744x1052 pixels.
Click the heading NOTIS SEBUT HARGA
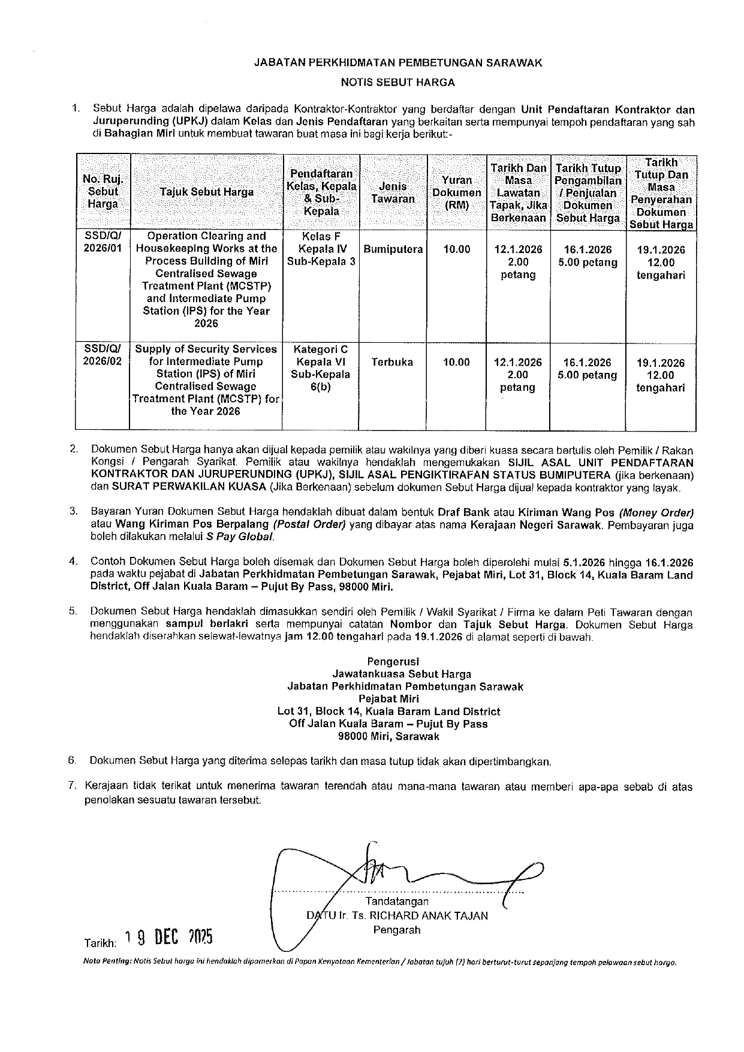(x=397, y=82)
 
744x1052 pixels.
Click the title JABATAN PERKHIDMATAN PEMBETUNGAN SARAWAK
(x=398, y=62)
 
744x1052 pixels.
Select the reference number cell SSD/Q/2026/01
(x=103, y=242)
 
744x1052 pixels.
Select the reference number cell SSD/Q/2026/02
(x=103, y=355)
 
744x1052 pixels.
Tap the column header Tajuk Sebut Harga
(x=207, y=192)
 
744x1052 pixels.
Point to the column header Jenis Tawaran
(x=393, y=192)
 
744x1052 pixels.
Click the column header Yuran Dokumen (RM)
(x=457, y=192)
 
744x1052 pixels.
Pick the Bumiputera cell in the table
(x=393, y=249)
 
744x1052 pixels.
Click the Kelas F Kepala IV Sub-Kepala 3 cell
(x=323, y=249)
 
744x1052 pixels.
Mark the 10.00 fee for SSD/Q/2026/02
(x=456, y=362)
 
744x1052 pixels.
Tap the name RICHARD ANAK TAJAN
(x=428, y=915)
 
